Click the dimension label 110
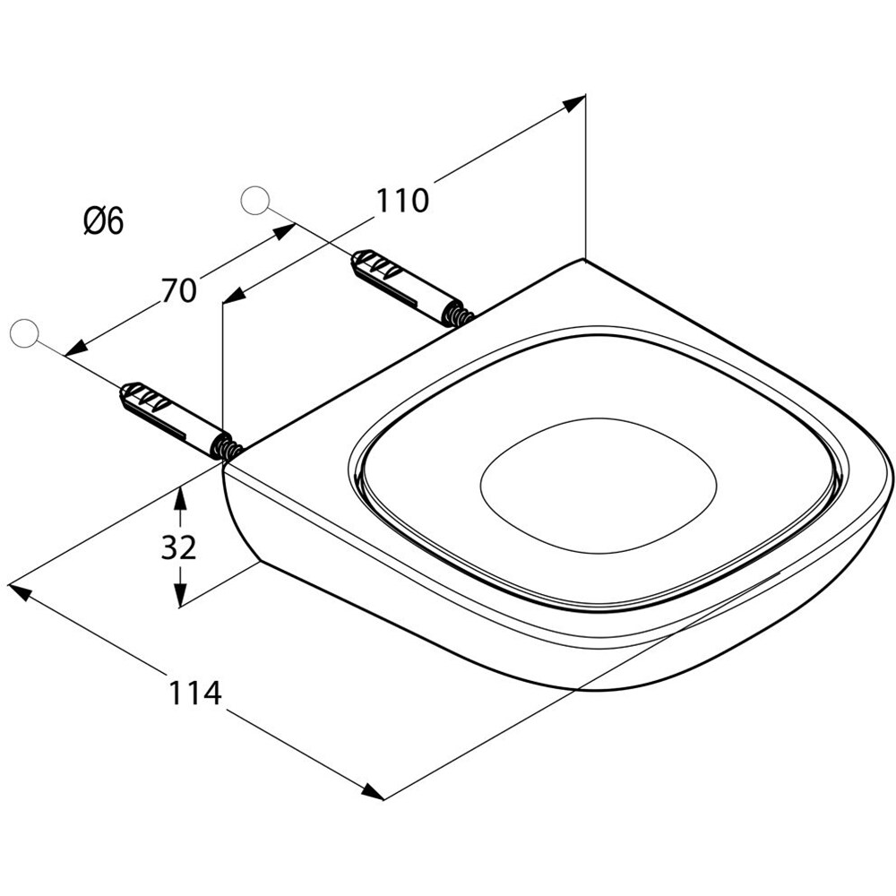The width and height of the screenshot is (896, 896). (401, 201)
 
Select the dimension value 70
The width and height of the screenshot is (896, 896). (179, 290)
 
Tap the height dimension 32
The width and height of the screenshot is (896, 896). (178, 547)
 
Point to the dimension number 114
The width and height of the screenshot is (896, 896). (194, 694)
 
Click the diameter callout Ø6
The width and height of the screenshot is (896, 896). (103, 221)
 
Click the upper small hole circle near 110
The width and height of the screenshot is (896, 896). (254, 201)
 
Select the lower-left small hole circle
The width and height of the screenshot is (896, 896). (24, 333)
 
